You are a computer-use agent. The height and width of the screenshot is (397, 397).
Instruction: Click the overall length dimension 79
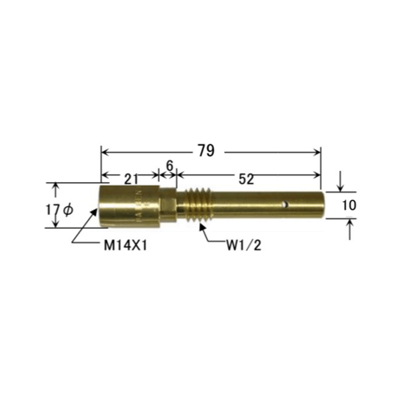206,150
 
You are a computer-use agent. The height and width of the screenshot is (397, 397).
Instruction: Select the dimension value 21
131,180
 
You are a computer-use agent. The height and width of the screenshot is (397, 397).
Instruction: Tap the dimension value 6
170,166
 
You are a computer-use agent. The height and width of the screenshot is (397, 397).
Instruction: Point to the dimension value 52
247,180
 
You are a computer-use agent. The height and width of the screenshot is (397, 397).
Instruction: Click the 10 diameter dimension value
349,205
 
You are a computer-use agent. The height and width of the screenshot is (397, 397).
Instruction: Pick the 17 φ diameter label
60,211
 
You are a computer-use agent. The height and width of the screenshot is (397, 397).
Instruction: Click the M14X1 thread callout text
125,246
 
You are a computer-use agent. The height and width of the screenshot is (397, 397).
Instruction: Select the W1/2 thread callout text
244,246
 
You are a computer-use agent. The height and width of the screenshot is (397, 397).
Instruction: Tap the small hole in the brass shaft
285,205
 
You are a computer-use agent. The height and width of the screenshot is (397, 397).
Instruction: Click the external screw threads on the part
198,205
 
